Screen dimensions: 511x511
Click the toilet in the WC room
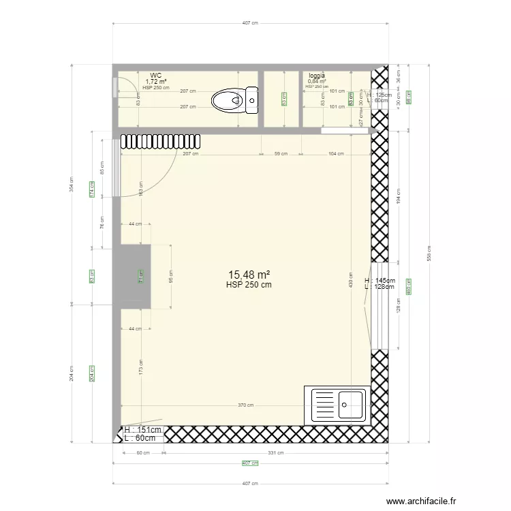click(234, 101)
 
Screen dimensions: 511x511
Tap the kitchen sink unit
click(339, 405)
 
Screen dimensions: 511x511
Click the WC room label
click(156, 76)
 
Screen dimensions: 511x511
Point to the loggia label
click(317, 76)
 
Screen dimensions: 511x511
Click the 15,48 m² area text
click(249, 275)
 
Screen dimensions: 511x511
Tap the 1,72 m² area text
click(156, 82)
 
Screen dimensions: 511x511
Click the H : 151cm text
click(143, 430)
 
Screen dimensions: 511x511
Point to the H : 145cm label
click(380, 281)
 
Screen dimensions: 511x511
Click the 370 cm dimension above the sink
click(245, 405)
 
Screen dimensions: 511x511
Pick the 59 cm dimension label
click(281, 154)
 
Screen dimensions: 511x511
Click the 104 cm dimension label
click(336, 154)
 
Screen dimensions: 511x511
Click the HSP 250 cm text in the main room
click(249, 285)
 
